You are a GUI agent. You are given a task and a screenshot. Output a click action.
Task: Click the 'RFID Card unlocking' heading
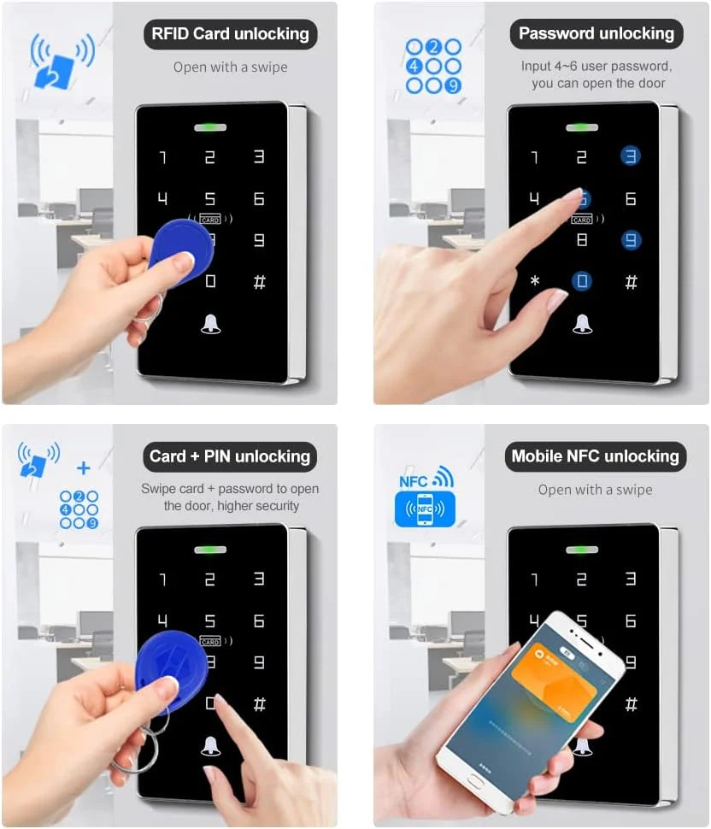[x=230, y=34]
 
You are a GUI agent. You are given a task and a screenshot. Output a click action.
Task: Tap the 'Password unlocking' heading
[x=596, y=34]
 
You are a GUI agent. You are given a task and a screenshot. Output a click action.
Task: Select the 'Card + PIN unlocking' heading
[x=230, y=456]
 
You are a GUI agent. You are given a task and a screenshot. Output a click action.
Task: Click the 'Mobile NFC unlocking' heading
[x=595, y=456]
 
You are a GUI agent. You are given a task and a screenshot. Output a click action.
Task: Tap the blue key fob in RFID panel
[x=178, y=250]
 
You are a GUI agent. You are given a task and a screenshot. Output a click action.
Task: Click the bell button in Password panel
[x=582, y=322]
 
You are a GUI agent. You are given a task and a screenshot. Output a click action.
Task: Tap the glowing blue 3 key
[x=631, y=156]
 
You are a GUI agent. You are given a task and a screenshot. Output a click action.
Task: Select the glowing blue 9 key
[x=631, y=240]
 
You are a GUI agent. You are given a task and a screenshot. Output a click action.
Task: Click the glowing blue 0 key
[x=583, y=281]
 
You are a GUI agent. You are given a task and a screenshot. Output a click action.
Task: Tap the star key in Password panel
[x=535, y=281]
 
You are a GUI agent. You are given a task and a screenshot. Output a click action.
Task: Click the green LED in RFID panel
[x=210, y=128]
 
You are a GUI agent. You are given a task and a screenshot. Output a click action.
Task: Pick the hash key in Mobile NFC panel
[x=631, y=704]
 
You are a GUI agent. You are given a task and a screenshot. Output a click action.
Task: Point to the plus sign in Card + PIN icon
[x=84, y=468]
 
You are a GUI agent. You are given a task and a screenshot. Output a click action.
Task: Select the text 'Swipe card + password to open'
[x=230, y=489]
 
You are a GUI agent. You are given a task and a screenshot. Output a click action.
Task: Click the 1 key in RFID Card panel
[x=162, y=157]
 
